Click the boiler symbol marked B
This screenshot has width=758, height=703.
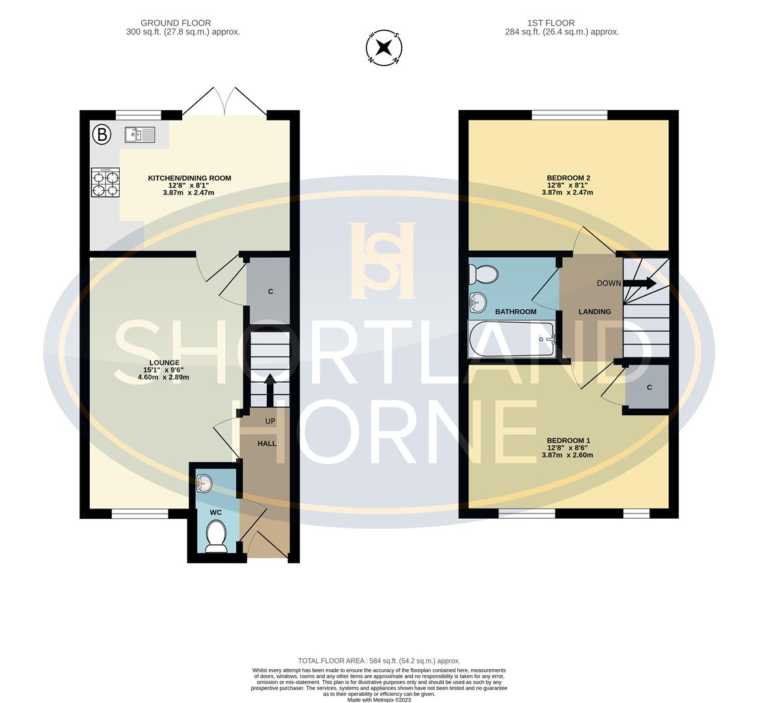tap(101, 135)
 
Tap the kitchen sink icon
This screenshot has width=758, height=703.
tap(139, 135)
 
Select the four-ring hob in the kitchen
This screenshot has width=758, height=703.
tap(105, 182)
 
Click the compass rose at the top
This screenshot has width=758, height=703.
tap(384, 48)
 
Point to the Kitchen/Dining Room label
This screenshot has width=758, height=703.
tap(189, 178)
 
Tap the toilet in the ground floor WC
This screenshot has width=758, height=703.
tap(215, 538)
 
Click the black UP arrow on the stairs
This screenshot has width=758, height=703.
tap(269, 387)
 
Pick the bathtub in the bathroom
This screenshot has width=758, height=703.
tap(511, 339)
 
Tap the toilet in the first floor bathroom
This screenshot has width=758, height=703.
tap(484, 273)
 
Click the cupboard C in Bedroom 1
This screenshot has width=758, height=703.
tap(648, 387)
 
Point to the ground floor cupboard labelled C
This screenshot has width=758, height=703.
tap(270, 291)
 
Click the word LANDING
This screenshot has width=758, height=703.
tap(595, 312)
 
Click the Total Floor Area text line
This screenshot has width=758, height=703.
tap(379, 660)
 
